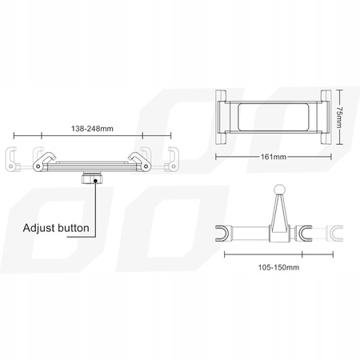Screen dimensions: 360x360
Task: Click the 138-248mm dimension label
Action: click(92, 129)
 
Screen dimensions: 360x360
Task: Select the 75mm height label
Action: click(338, 118)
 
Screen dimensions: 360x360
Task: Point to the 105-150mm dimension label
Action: click(278, 267)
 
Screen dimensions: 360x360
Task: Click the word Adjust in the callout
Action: click(39, 228)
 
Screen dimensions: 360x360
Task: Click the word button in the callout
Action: click(74, 228)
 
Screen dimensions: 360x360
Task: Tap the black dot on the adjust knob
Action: click(95, 181)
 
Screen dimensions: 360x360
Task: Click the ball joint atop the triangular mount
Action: click(279, 189)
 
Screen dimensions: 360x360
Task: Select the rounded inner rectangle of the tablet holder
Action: click(274, 118)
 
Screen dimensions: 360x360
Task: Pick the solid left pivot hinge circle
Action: click(38, 166)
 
